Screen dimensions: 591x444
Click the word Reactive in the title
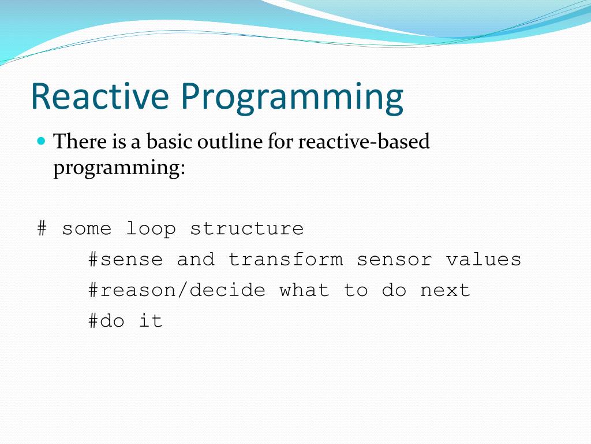click(x=100, y=96)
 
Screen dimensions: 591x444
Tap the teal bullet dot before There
click(x=42, y=141)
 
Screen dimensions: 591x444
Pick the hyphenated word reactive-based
click(x=364, y=141)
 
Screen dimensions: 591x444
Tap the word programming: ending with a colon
click(x=119, y=168)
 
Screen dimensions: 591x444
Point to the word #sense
click(x=125, y=260)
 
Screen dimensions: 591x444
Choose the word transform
click(x=285, y=260)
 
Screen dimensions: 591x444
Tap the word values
click(x=484, y=260)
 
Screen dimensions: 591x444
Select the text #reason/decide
click(x=177, y=290)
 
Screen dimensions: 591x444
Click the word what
click(x=304, y=290)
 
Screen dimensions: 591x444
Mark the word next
click(x=445, y=291)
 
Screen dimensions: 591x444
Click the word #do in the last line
click(x=106, y=321)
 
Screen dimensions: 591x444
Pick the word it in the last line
click(x=151, y=321)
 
